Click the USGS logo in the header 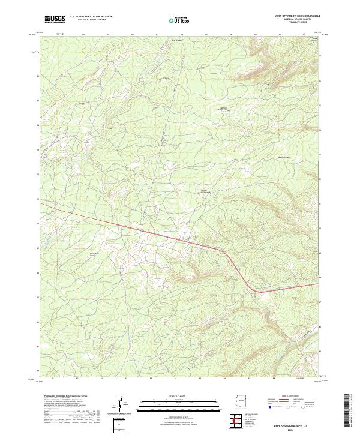pos(55,19)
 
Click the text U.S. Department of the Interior pos(91,17)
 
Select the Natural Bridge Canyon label pos(222,109)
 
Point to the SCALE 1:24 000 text pos(172,396)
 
